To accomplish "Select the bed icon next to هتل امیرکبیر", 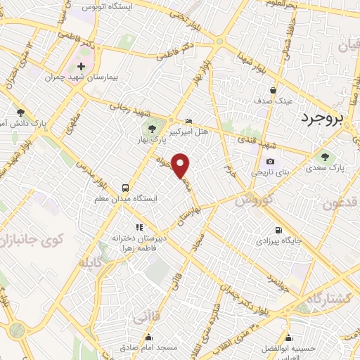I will pyautogui.click(x=186, y=120).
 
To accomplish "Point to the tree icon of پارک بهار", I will pyautogui.click(x=150, y=129).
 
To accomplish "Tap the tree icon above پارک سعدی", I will pyautogui.click(x=325, y=156).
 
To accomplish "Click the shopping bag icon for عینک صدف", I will pyautogui.click(x=274, y=91).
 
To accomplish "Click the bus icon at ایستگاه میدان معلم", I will pyautogui.click(x=125, y=188).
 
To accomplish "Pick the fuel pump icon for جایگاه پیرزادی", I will pyautogui.click(x=279, y=230).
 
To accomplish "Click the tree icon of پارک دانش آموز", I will pyautogui.click(x=20, y=112).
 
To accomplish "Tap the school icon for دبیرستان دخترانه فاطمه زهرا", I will pyautogui.click(x=139, y=227).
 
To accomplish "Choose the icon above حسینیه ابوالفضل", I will pyautogui.click(x=288, y=337).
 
